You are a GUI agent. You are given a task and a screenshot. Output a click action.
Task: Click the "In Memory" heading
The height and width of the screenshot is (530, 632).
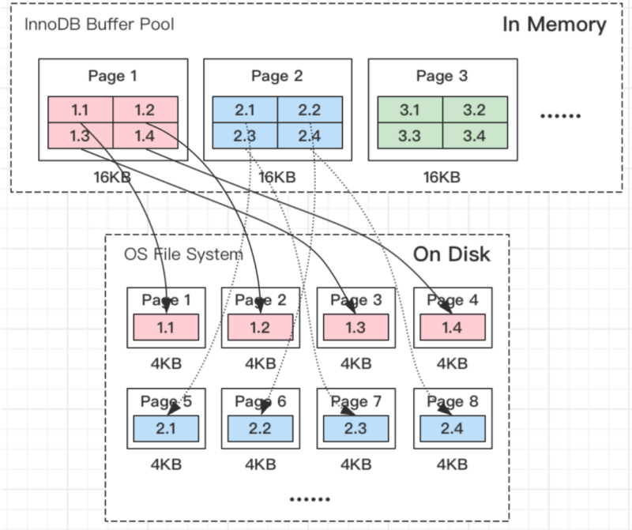pos(554,24)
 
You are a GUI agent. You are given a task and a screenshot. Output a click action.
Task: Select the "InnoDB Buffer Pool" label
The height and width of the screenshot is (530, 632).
pos(99,24)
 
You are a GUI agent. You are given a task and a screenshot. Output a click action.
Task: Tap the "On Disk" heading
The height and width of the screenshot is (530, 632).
pos(451,254)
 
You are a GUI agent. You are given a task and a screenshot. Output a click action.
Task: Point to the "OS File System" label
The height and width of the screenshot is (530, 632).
pos(183,254)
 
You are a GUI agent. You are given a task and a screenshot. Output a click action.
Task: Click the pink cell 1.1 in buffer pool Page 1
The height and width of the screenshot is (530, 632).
pos(80,110)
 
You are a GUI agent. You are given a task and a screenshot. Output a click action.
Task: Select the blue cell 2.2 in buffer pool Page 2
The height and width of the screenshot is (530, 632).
pos(309,110)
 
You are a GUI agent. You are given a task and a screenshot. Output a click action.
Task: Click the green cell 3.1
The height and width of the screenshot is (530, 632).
pos(409,110)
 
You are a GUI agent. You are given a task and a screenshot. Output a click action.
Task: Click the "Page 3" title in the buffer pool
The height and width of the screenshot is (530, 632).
pos(441,77)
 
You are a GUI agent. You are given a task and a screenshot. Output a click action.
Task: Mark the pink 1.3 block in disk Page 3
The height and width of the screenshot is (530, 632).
pos(355,326)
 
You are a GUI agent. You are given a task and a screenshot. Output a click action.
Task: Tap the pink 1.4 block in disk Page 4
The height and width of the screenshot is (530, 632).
pos(452,326)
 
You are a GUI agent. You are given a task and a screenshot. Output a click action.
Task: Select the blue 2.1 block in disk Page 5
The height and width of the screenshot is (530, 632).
pos(165,427)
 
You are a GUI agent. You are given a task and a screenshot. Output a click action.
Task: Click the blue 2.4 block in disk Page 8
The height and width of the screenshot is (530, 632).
pos(452,427)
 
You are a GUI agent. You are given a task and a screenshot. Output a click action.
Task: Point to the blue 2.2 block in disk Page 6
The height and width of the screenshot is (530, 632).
pos(260,427)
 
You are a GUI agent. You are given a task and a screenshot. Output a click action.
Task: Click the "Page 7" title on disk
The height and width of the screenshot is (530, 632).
pos(355,402)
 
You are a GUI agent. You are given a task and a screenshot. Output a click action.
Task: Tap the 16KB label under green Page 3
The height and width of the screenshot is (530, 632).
pos(441,177)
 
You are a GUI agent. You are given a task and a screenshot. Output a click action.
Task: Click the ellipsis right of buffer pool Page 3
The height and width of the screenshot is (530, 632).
pos(560,115)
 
